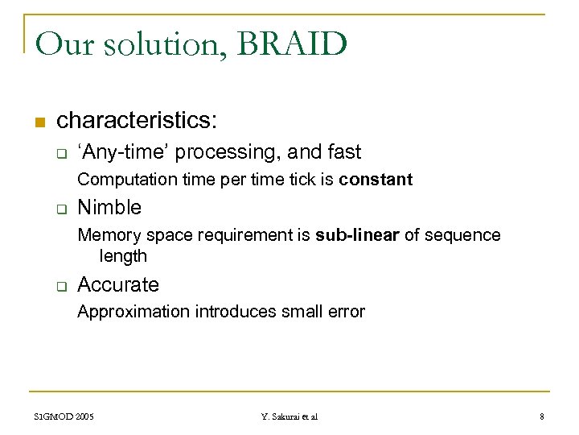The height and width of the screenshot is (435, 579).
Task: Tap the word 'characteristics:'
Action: click(x=137, y=121)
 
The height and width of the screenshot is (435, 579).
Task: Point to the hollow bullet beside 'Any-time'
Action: click(x=60, y=153)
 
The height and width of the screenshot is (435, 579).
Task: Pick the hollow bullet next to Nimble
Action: click(x=60, y=209)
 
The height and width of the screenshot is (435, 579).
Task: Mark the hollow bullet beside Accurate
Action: click(x=60, y=286)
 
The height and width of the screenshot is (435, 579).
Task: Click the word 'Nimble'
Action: click(x=109, y=208)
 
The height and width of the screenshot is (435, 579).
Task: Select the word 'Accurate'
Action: click(x=118, y=285)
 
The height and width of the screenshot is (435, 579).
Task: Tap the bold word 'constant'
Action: click(x=376, y=180)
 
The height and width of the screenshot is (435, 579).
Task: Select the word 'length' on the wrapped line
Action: click(x=123, y=256)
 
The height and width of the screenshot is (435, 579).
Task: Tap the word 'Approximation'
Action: click(x=133, y=312)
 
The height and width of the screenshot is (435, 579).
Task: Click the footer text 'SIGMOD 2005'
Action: click(x=64, y=416)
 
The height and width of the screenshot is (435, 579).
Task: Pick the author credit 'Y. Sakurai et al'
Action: click(x=289, y=416)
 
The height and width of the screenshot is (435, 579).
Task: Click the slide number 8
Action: click(x=542, y=416)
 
